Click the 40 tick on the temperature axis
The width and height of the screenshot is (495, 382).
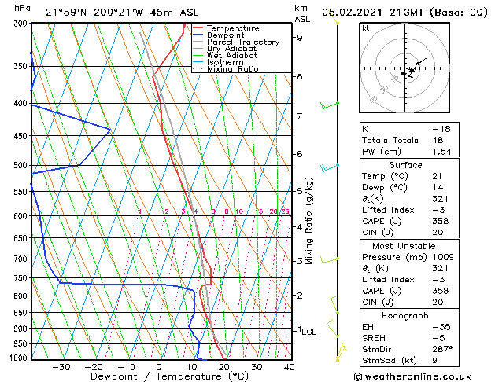coord(290,367)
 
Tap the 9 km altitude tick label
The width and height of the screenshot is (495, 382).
coord(300,38)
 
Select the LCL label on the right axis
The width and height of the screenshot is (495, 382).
coord(308,332)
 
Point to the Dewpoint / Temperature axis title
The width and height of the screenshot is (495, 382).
coord(159,377)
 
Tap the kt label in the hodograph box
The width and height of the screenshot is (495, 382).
coord(365,28)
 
